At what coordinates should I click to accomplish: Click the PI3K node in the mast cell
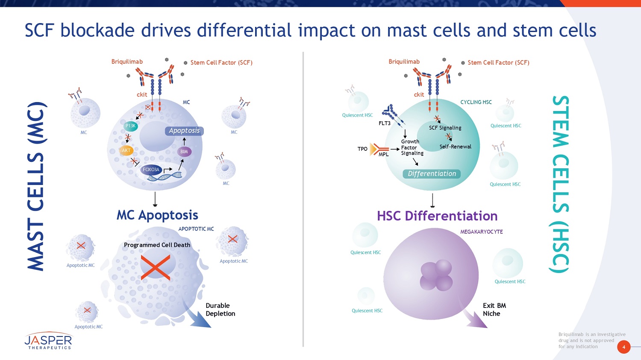131,126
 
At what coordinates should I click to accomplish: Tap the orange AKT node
126,150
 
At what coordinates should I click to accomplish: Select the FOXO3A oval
151,170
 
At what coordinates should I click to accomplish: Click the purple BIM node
184,152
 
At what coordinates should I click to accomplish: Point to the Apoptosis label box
184,131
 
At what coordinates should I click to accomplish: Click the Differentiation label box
432,174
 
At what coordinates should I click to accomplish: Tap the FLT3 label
385,123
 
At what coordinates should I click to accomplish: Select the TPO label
362,149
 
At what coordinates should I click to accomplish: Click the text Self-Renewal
455,146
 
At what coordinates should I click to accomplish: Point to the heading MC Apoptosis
157,215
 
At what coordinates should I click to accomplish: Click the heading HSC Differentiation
437,216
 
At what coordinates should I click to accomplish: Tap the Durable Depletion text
220,310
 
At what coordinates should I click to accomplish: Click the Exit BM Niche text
494,310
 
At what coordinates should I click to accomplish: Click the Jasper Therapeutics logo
48,341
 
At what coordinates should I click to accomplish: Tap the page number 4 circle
623,347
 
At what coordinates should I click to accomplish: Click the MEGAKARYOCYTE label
481,232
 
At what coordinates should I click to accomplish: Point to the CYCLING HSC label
476,102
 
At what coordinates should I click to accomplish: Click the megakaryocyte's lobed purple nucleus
436,275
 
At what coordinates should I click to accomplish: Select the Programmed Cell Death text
157,245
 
